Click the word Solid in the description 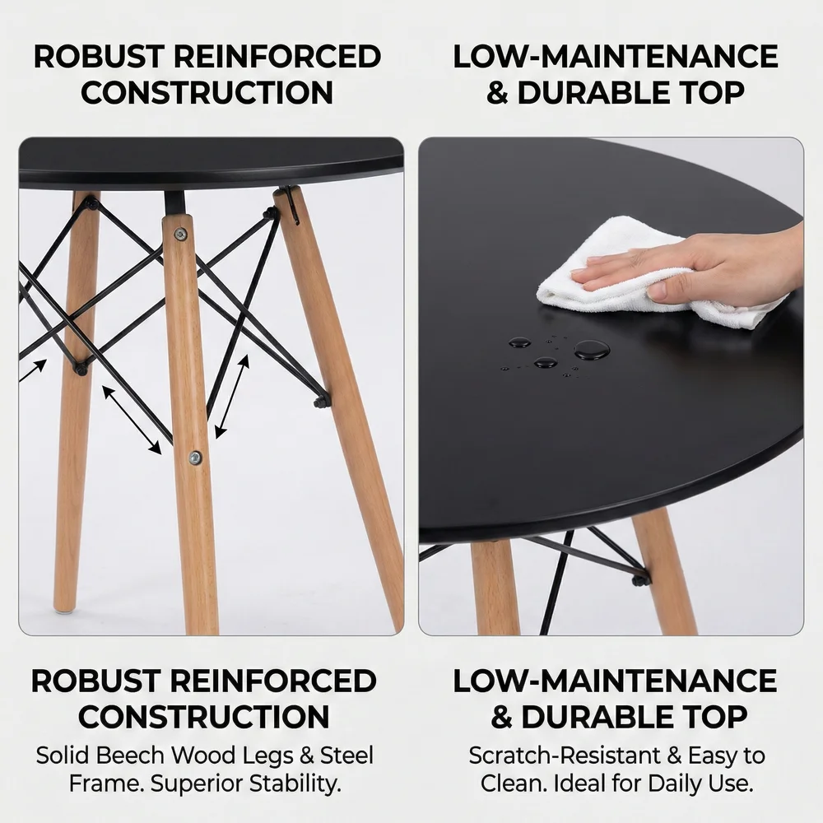coord(63,756)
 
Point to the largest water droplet coord(592,349)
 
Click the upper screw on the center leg coord(180,234)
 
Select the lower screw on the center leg coord(195,458)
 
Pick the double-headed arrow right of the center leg coord(232,397)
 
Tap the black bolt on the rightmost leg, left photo coord(320,402)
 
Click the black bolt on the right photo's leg coord(639,579)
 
